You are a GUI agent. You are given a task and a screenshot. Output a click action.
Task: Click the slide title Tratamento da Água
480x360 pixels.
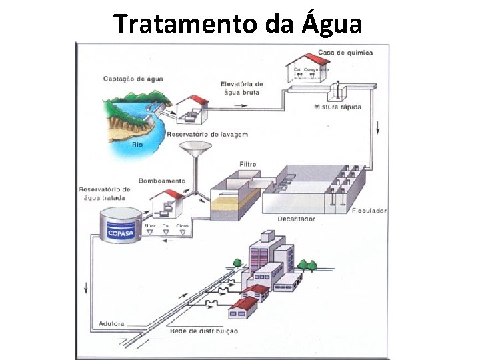click(x=238, y=24)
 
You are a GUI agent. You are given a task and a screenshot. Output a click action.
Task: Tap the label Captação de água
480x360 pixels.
click(x=133, y=79)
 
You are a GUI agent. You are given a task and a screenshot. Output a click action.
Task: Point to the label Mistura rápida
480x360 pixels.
click(x=338, y=107)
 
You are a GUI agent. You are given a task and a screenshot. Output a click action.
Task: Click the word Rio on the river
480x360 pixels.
click(x=137, y=144)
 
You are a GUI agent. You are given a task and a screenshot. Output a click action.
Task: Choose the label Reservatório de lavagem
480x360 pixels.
click(x=207, y=135)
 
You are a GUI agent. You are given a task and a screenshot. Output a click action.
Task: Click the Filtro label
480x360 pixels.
click(x=247, y=164)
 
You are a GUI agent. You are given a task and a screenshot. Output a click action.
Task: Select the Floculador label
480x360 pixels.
click(x=369, y=211)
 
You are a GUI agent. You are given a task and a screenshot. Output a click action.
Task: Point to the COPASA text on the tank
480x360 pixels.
click(x=122, y=233)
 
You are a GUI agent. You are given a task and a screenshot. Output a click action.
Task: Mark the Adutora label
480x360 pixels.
click(x=111, y=323)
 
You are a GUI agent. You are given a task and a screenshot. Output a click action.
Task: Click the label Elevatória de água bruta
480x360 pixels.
click(x=241, y=88)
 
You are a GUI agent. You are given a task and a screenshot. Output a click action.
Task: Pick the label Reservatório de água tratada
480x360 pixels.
click(x=105, y=193)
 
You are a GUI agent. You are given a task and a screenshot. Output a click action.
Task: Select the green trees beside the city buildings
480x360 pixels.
click(x=307, y=264)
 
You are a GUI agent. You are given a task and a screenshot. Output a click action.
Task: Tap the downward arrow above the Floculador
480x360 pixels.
click(x=377, y=127)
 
